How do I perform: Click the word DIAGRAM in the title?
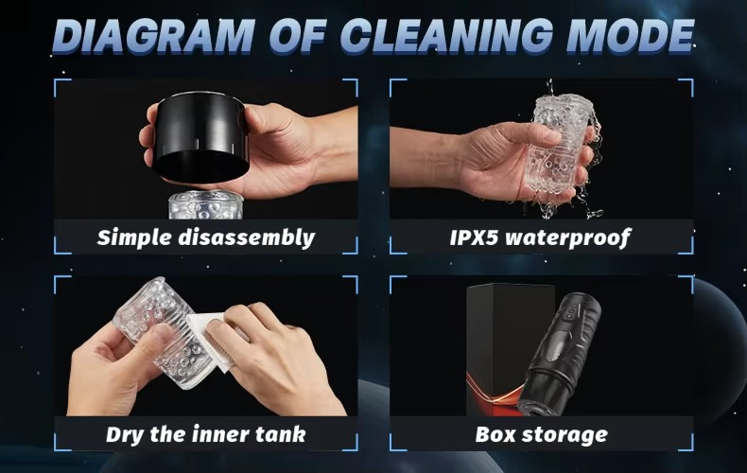[x=152, y=36]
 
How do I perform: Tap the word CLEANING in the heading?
[x=446, y=36]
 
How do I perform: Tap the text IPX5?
[x=474, y=237]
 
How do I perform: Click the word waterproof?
[x=568, y=237]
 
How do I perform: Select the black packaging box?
[x=510, y=349]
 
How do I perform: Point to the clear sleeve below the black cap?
[x=205, y=205]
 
